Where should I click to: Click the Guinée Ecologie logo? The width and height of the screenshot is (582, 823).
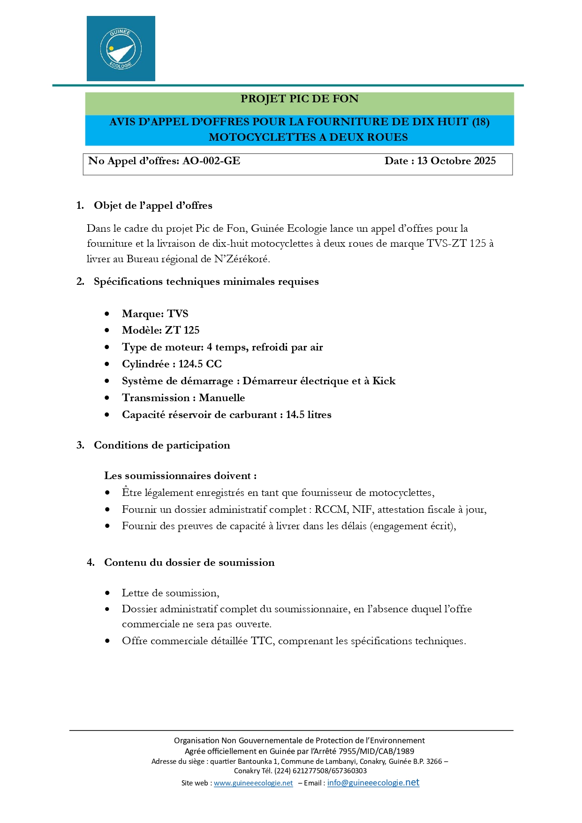[121, 49]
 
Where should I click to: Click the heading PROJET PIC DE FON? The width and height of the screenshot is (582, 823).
[299, 99]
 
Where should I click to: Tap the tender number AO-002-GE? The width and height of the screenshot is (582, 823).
[211, 161]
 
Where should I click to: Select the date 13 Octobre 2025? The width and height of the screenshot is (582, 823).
[456, 161]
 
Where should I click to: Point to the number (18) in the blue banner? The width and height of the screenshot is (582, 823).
[480, 122]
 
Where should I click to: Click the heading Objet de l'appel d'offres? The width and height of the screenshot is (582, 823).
[153, 206]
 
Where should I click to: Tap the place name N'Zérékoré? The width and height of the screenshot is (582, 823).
[242, 259]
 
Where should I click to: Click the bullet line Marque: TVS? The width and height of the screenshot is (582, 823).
[155, 314]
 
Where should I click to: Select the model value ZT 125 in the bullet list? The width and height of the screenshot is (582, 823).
[182, 330]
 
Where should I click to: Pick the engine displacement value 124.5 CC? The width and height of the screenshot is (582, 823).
[200, 364]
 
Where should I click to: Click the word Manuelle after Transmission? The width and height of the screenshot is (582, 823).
[222, 398]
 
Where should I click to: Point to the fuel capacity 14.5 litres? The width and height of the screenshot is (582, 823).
[309, 415]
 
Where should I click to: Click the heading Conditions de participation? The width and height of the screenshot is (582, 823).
[162, 445]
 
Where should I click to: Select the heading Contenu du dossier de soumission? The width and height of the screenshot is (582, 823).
[189, 563]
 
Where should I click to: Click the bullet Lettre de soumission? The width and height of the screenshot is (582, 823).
[170, 593]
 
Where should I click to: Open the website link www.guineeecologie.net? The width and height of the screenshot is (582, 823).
[253, 783]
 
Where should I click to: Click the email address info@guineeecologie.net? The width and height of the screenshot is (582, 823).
[373, 783]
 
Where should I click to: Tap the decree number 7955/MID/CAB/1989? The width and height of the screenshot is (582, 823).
[376, 751]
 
